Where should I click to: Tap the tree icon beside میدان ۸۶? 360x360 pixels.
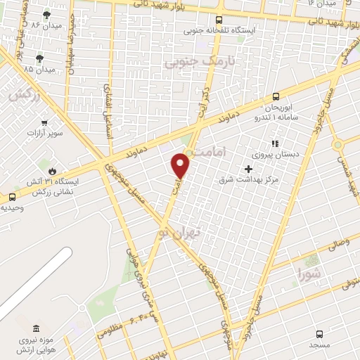pos(47,15)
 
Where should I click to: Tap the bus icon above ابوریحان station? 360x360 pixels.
pos(275,98)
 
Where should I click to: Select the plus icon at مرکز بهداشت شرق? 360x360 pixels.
pos(247,169)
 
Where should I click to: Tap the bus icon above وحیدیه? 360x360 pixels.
pos(12,197)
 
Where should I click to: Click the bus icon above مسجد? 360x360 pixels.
pos(320,334)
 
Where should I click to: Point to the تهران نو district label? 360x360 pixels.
pos(179,231)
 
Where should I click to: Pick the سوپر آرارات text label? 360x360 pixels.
pos(45,132)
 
